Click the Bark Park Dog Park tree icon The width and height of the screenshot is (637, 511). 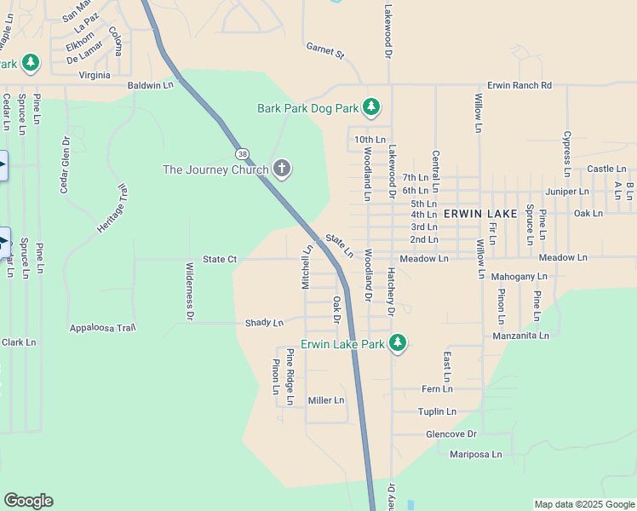[x=371, y=107]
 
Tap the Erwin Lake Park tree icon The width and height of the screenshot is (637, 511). [x=397, y=343]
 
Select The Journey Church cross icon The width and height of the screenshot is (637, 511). [x=283, y=169]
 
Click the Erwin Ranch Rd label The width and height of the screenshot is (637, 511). [x=519, y=85]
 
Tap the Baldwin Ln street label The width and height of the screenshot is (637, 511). [x=150, y=85]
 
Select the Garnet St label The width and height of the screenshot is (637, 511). [x=325, y=51]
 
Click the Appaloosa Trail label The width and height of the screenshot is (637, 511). [x=103, y=327]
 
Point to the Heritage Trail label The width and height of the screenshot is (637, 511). [x=112, y=207]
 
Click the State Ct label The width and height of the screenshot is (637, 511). [x=220, y=259]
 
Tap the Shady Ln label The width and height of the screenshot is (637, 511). [x=264, y=323]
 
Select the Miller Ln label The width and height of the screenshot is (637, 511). [x=326, y=400]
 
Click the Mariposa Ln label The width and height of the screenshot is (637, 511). [x=476, y=454]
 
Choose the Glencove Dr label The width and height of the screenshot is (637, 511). [x=451, y=433]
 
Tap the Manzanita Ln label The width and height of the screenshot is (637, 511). [x=521, y=336]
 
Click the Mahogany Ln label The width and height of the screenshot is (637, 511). [x=519, y=277]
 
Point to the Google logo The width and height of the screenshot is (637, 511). [x=28, y=501]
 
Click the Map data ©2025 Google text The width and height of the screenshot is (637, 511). [x=584, y=504]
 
